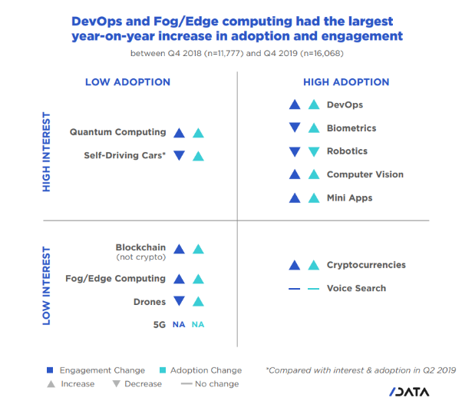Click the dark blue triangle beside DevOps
pos(294,105)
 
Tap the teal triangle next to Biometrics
pos(313,128)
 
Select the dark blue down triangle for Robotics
pos(294,151)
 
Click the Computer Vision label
pos(365,174)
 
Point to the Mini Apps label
pos(349,197)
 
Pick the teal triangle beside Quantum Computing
pos(198,132)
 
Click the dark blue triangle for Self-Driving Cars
pos(180,155)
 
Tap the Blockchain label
pos(140,247)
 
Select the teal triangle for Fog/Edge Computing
pos(198,279)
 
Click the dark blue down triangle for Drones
pos(180,302)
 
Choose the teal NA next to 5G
pos(198,325)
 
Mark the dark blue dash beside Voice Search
pos(294,289)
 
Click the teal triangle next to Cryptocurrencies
pos(313,265)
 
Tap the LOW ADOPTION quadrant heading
pos(127,82)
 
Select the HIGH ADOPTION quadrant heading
pos(346,82)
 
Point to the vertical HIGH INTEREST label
pos(47,154)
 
